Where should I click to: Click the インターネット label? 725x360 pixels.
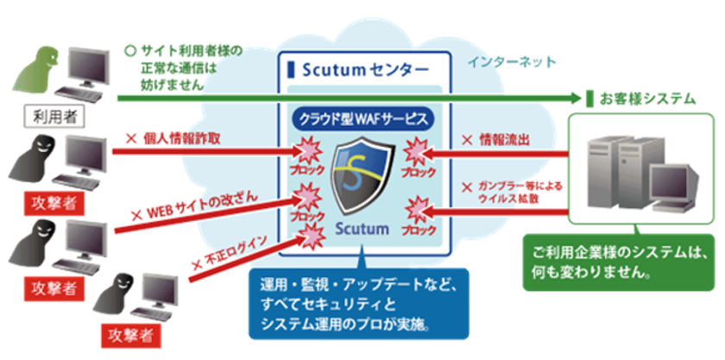[512, 62]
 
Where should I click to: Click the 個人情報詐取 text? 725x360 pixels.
[173, 140]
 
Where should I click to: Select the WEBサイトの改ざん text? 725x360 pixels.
[194, 206]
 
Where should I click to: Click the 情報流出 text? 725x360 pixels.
[494, 140]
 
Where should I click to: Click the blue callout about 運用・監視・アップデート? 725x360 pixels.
[359, 304]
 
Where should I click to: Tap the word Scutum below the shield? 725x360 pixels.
[362, 228]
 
